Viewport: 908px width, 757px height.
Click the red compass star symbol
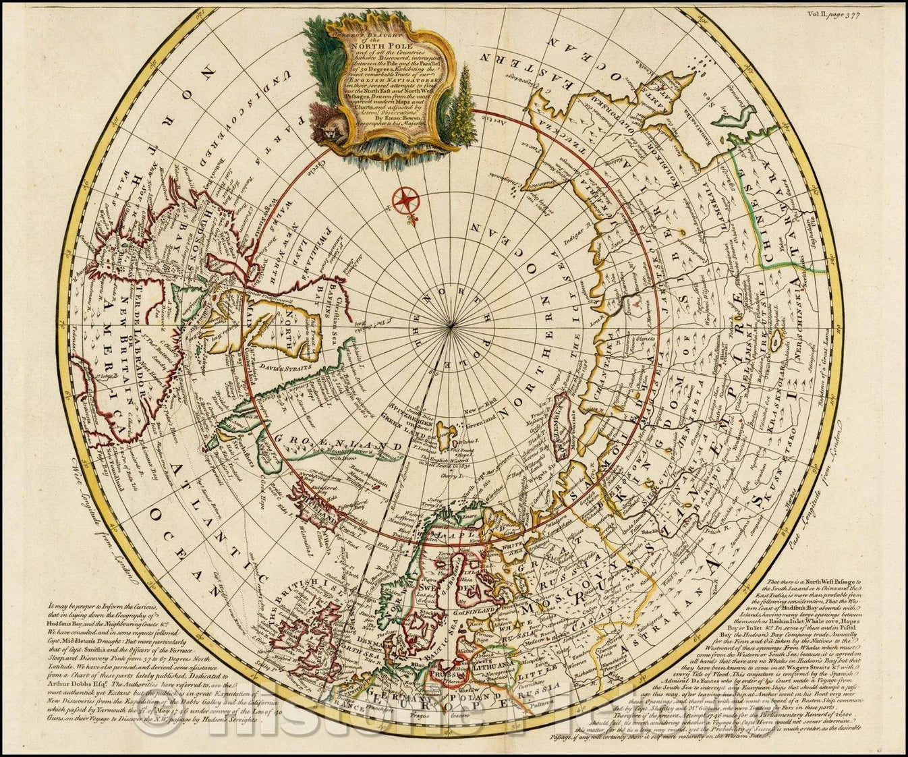[x=407, y=199]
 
